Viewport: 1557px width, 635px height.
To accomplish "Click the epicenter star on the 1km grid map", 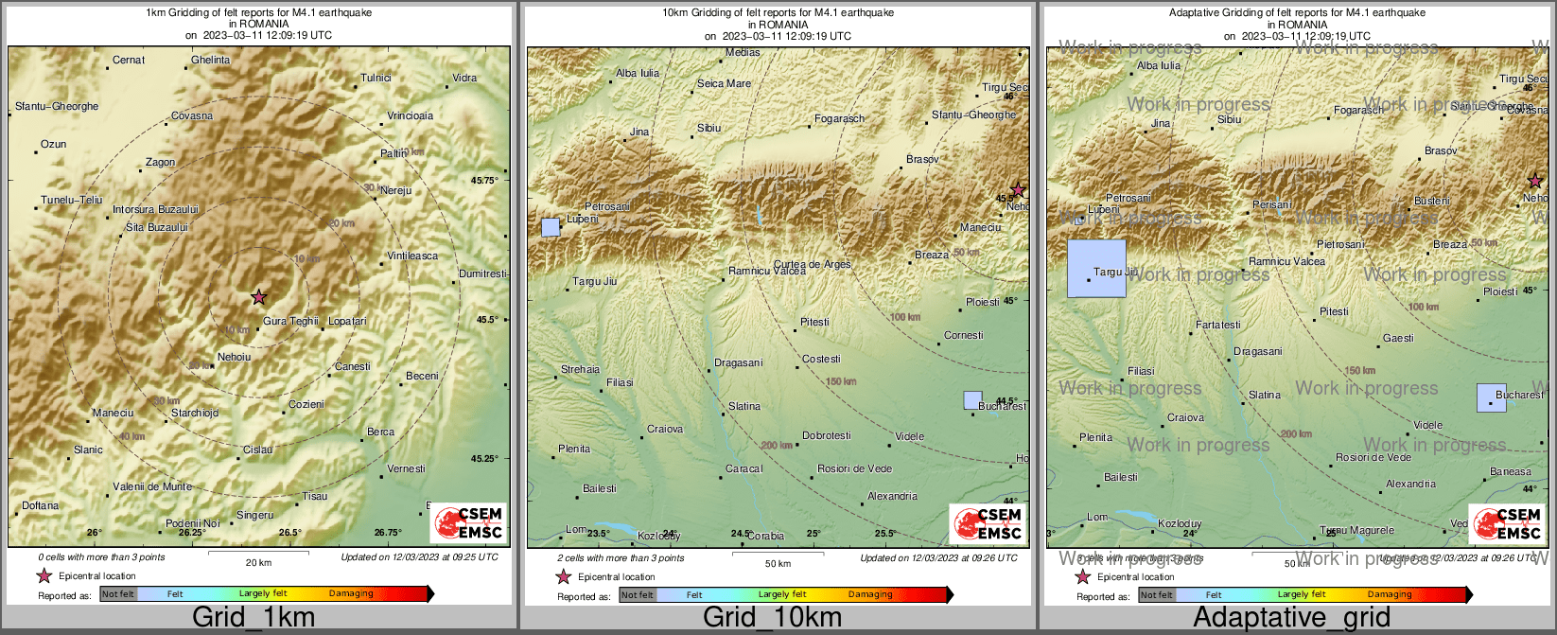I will (x=259, y=297).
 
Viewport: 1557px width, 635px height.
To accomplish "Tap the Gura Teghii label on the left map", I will (x=290, y=321).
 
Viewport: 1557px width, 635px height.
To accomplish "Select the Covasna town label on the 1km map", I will (x=192, y=115).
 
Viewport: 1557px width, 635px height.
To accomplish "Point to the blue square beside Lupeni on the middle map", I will (x=551, y=227).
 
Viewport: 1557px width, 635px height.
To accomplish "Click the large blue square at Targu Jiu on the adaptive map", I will (x=1096, y=269).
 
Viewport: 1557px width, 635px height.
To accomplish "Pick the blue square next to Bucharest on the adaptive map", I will (x=1491, y=397).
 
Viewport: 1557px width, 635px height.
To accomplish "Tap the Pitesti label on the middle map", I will (x=814, y=322).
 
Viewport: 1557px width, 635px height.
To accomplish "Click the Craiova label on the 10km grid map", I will (x=665, y=429).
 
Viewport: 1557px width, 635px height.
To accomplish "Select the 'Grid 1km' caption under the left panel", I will (x=254, y=618).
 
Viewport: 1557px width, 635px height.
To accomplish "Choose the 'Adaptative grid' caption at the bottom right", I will (x=1291, y=618).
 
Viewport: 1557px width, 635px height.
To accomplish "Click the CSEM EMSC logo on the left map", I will (x=469, y=523).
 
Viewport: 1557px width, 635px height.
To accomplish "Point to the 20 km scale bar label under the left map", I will (x=258, y=562).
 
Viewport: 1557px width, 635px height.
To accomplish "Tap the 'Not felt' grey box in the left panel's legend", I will (x=118, y=594).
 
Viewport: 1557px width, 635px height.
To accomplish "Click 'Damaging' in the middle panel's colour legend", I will (x=870, y=595).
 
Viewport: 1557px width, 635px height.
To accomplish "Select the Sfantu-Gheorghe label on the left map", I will (x=57, y=106).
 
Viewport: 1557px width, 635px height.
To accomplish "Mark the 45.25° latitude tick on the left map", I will (x=484, y=459).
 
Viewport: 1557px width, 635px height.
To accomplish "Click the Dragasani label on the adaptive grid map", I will (x=1258, y=351).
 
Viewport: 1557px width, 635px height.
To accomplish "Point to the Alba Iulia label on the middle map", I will (x=638, y=73).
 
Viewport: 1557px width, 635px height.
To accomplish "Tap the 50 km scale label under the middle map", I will (x=778, y=563).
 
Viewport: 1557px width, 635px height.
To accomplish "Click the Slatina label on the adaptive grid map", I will (x=1265, y=395).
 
